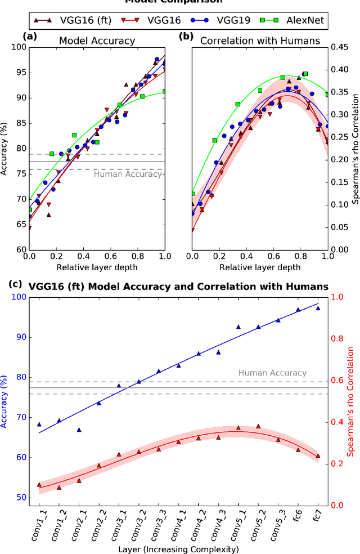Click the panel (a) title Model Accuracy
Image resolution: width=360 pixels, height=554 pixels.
click(x=97, y=41)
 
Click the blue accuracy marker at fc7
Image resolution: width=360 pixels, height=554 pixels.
click(x=318, y=308)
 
